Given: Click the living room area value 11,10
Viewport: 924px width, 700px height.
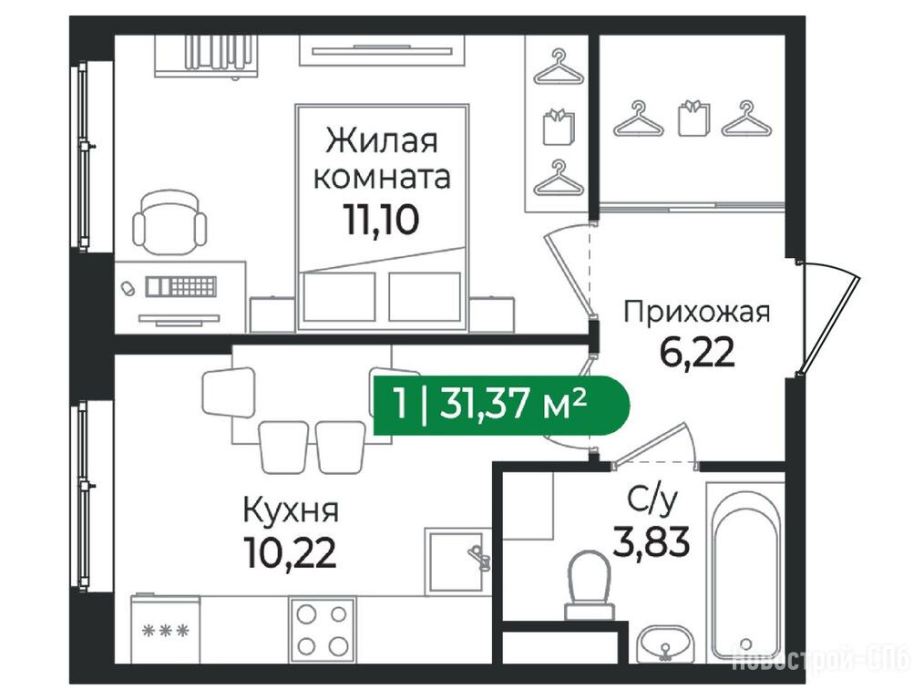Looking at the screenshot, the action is tap(381, 220).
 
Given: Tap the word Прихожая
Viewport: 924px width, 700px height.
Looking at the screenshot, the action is tap(697, 312).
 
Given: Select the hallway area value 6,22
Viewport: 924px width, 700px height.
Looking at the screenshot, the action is tap(697, 354).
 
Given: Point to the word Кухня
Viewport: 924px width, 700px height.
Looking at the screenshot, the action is tap(291, 510).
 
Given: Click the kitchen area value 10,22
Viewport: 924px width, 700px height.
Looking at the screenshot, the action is tap(291, 553).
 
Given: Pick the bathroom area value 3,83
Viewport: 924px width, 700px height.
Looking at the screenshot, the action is tap(652, 542).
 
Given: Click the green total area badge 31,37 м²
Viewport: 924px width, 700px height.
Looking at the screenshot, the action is tap(501, 406).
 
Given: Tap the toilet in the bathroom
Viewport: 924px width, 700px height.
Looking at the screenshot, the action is tap(590, 585).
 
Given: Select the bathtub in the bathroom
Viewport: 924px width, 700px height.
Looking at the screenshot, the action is tap(746, 571).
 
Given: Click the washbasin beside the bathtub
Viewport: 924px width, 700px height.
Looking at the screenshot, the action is tap(664, 644).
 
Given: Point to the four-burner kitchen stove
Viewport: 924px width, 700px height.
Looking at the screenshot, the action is tap(322, 631).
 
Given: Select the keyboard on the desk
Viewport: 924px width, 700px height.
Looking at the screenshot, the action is tap(181, 286).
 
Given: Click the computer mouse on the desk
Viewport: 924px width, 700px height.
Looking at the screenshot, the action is tap(127, 289).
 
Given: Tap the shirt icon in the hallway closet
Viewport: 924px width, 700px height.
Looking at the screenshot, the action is tap(694, 118).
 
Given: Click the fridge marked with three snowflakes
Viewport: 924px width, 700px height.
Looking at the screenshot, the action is tap(166, 629).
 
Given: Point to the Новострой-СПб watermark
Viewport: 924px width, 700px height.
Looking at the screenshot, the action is tap(820, 657).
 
